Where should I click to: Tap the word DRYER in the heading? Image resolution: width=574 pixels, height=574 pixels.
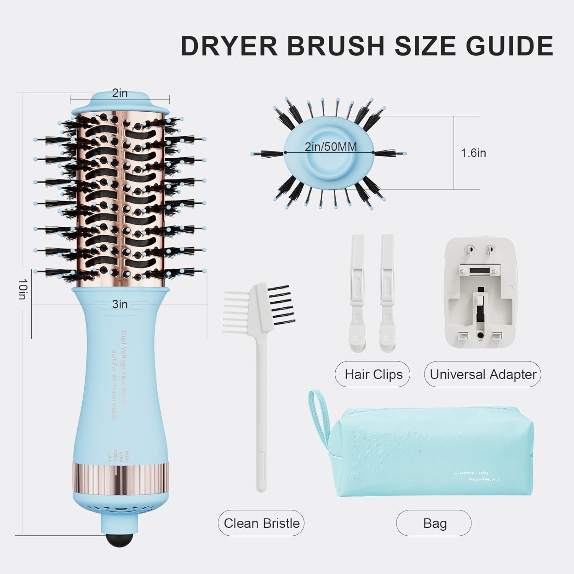point(229,46)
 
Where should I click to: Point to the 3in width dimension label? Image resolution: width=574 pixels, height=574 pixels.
point(120,304)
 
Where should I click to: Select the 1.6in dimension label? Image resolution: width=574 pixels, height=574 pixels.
point(473,153)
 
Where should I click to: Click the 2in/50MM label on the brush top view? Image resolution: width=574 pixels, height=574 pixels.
point(331,147)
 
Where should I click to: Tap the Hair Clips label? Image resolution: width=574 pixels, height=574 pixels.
point(373,374)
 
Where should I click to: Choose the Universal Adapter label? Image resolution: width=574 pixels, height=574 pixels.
point(483,374)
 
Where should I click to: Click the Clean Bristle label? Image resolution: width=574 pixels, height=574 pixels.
point(261,523)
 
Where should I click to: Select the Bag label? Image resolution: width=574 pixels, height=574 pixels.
point(435,523)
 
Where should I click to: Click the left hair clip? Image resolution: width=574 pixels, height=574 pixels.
point(357,291)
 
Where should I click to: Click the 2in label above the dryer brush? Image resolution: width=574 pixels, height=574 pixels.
point(120,93)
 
